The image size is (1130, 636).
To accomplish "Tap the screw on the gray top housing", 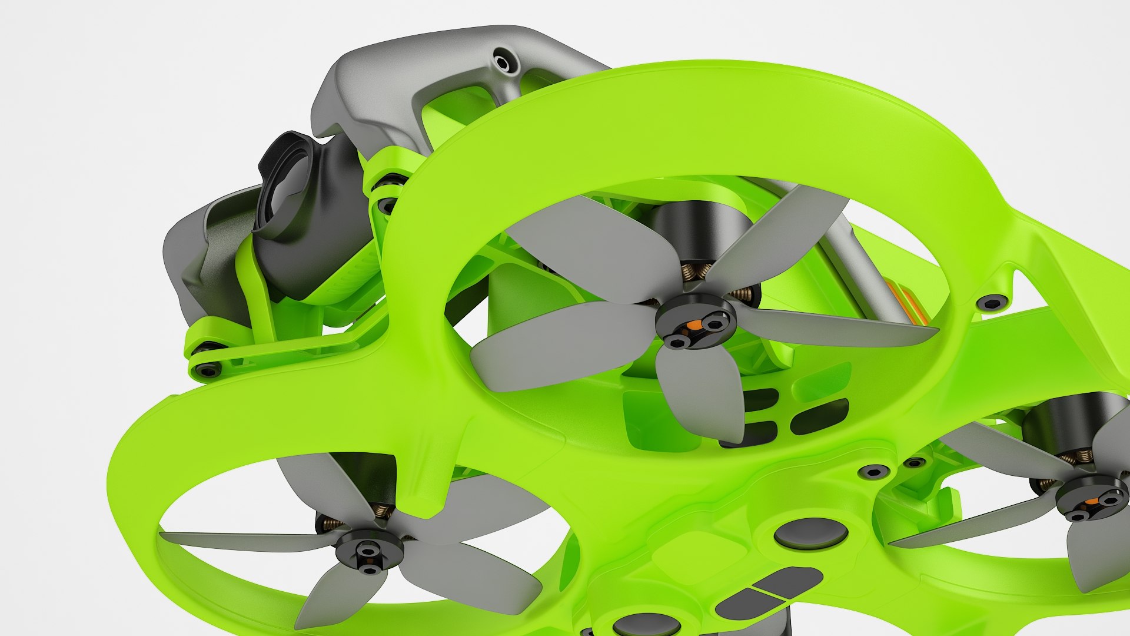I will tap(503, 61).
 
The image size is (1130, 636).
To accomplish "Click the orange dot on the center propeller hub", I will tap(695, 324).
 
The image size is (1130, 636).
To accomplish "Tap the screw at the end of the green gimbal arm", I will tap(207, 370).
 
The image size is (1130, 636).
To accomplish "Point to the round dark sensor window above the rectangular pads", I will tap(810, 534).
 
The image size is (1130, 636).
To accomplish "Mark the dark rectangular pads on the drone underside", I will tap(765, 592).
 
